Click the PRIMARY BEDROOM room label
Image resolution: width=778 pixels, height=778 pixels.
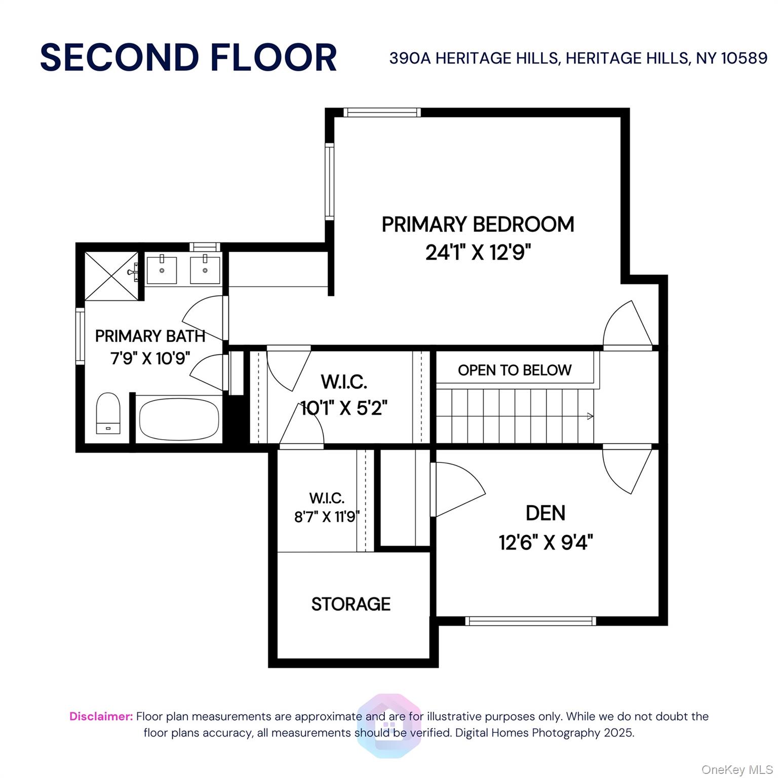pos(478,224)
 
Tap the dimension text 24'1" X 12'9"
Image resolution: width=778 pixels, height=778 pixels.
pos(478,252)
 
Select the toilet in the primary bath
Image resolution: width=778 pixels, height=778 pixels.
pos(108,413)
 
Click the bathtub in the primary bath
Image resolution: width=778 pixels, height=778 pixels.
pos(179,419)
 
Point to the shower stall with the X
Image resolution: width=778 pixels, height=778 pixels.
pos(111,276)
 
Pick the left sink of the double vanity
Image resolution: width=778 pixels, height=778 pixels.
pos(162,270)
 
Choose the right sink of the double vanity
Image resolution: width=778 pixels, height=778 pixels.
pos(205,270)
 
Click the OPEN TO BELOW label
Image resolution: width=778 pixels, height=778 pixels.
pos(514,370)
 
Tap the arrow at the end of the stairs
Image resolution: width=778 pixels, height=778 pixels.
pos(590,416)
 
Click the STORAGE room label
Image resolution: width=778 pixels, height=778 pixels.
pos(351,604)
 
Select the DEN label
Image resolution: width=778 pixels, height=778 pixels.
pos(546,513)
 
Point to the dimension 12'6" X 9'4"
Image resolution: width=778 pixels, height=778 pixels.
pos(546,542)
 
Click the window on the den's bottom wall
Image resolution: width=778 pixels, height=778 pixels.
pos(530,621)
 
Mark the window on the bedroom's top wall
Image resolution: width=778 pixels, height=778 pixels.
pos(382,112)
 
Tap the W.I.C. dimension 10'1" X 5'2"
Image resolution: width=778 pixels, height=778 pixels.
pos(344,408)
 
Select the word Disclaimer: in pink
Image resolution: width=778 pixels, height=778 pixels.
pos(101,716)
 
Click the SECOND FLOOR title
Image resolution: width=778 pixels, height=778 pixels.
pos(188,57)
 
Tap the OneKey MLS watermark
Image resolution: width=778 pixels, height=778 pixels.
pos(736,770)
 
